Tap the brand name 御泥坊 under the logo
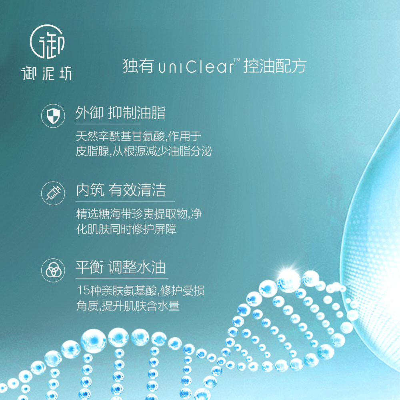47,73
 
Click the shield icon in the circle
53,116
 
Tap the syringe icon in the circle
53,193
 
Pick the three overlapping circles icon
53,270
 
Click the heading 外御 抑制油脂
120,113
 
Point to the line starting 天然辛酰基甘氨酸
138,136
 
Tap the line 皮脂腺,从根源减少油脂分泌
144,152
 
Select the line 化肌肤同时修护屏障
126,229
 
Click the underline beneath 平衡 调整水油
122,278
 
